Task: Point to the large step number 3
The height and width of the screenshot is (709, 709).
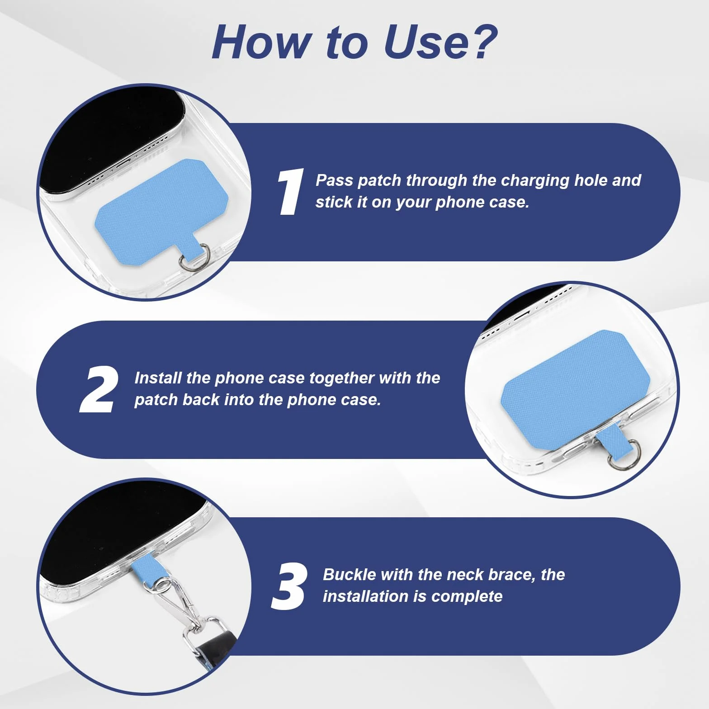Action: (289, 586)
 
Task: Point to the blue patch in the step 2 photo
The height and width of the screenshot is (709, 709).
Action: (575, 389)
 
